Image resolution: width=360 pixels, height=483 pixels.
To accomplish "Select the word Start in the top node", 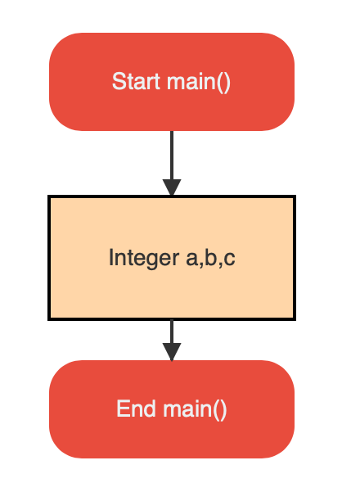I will [136, 82].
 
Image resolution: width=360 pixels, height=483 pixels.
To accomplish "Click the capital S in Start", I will [118, 82].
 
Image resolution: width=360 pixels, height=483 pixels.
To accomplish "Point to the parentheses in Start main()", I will [224, 82].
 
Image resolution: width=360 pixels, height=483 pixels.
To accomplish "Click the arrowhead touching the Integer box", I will [171, 187].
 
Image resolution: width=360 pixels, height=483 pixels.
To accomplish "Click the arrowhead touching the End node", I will [171, 351].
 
